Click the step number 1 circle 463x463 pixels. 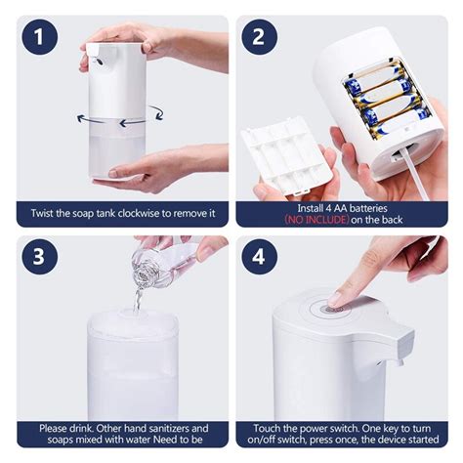click(39, 39)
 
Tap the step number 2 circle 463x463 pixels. click(260, 38)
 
